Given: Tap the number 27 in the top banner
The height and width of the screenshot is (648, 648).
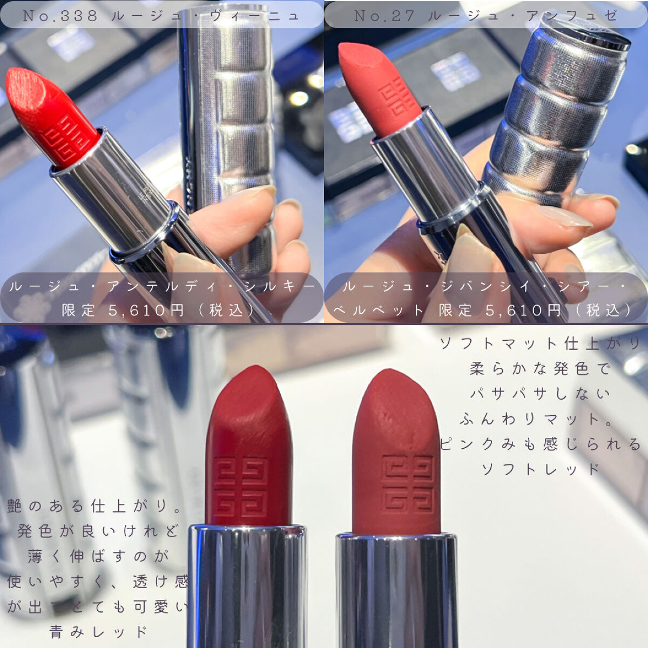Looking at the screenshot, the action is [x=402, y=16].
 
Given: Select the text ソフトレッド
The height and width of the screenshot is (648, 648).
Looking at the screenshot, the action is [x=541, y=469].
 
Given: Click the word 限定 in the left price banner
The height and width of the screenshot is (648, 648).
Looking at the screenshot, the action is [x=78, y=310].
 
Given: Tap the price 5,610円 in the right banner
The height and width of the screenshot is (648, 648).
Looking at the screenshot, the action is [x=523, y=310].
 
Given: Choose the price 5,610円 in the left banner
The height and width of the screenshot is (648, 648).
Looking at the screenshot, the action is [x=146, y=310].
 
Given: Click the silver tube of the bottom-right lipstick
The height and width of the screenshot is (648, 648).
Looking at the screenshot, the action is [x=397, y=590].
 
